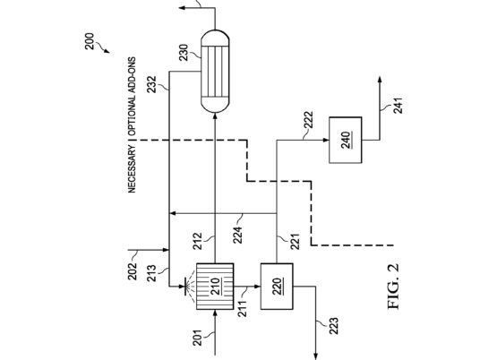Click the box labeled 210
point(215,287)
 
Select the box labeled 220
point(277,287)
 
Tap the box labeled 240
point(346,140)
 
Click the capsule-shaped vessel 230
point(215,72)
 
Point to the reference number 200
point(90,41)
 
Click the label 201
point(197,338)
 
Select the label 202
point(133,271)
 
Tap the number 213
point(152,273)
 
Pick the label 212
point(197,241)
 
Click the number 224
point(237,235)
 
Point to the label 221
point(295,242)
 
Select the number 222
point(308,120)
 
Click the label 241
point(398,106)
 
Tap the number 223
point(334,326)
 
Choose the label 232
point(151,84)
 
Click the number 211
point(242,309)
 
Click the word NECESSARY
point(132,169)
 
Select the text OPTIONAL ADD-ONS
point(132,97)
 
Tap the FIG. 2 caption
point(393,287)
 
